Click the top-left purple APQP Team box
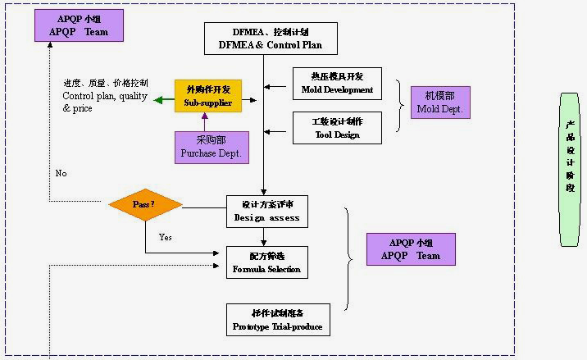click(79, 25)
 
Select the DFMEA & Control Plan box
click(271, 39)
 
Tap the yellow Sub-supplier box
click(208, 96)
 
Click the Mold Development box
click(337, 84)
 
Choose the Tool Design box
click(337, 128)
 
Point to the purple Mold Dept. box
click(440, 103)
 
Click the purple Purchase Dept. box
click(212, 147)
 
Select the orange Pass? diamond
click(145, 204)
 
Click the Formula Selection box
click(266, 262)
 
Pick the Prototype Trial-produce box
click(278, 320)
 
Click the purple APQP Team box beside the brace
click(411, 249)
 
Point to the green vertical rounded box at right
click(570, 169)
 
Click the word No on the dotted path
click(61, 174)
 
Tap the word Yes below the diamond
click(166, 237)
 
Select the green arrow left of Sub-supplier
click(164, 100)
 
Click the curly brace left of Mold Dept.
click(400, 105)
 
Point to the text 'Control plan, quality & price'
click(105, 96)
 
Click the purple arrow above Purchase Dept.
click(205, 121)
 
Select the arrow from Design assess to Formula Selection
click(263, 238)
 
